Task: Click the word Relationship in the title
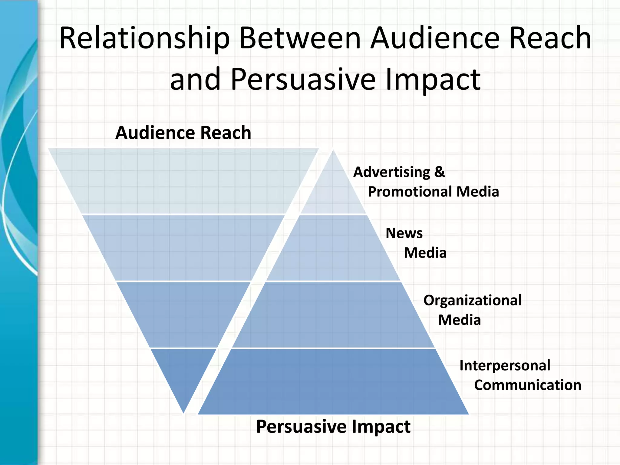click(144, 38)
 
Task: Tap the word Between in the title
click(300, 38)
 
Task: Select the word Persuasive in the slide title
click(303, 79)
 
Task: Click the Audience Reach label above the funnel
click(183, 133)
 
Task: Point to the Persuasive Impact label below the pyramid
click(333, 426)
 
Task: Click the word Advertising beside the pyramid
click(391, 172)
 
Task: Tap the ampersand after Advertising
click(440, 172)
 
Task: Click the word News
click(404, 233)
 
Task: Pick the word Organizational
click(472, 300)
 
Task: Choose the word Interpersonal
click(505, 365)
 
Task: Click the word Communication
click(527, 385)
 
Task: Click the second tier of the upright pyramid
click(333, 248)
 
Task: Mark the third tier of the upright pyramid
click(333, 315)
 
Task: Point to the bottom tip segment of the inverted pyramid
click(183, 372)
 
